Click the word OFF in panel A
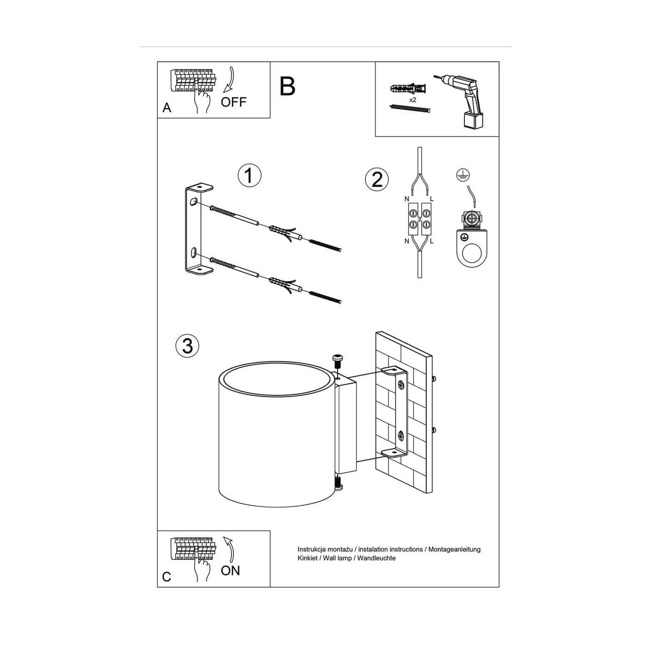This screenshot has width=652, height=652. [x=233, y=102]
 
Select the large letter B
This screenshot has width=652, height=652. [x=287, y=87]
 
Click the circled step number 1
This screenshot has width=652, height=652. [x=249, y=175]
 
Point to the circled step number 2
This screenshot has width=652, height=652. [x=377, y=179]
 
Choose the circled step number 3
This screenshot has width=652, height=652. [x=187, y=346]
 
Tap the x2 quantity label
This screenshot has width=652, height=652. [x=413, y=100]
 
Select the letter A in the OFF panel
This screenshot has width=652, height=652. [x=166, y=108]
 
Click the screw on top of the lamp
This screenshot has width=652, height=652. [x=337, y=360]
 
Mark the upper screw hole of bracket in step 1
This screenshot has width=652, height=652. [x=193, y=202]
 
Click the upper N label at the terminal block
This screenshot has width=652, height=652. [x=407, y=199]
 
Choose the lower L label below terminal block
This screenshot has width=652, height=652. [x=431, y=241]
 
